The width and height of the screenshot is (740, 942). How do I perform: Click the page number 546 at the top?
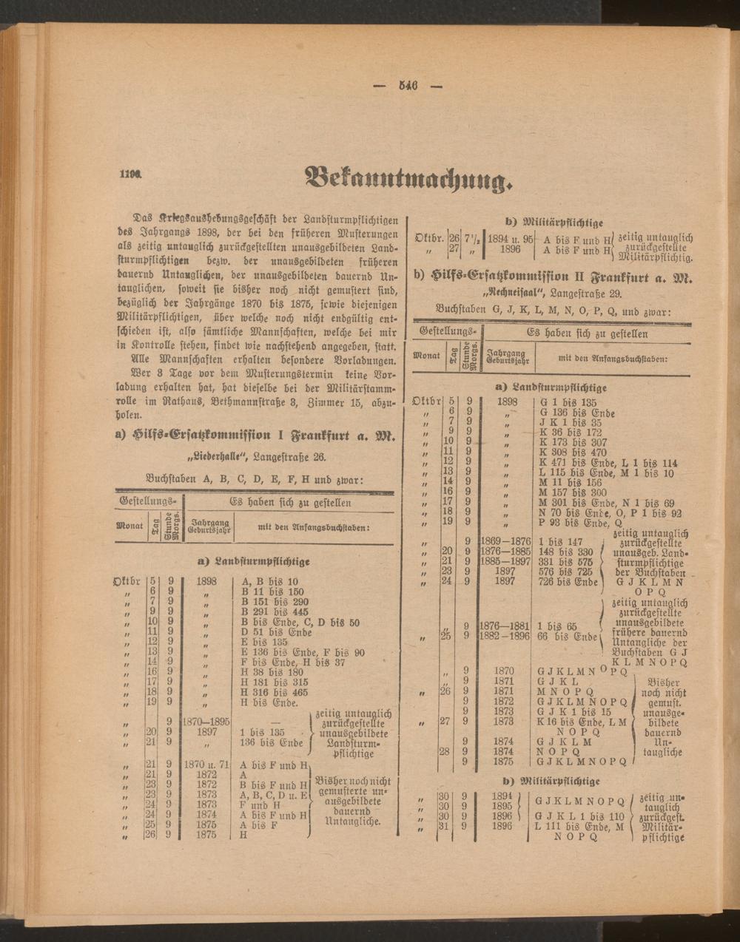[x=408, y=85]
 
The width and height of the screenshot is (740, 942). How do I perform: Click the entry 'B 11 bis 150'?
[x=272, y=592]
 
